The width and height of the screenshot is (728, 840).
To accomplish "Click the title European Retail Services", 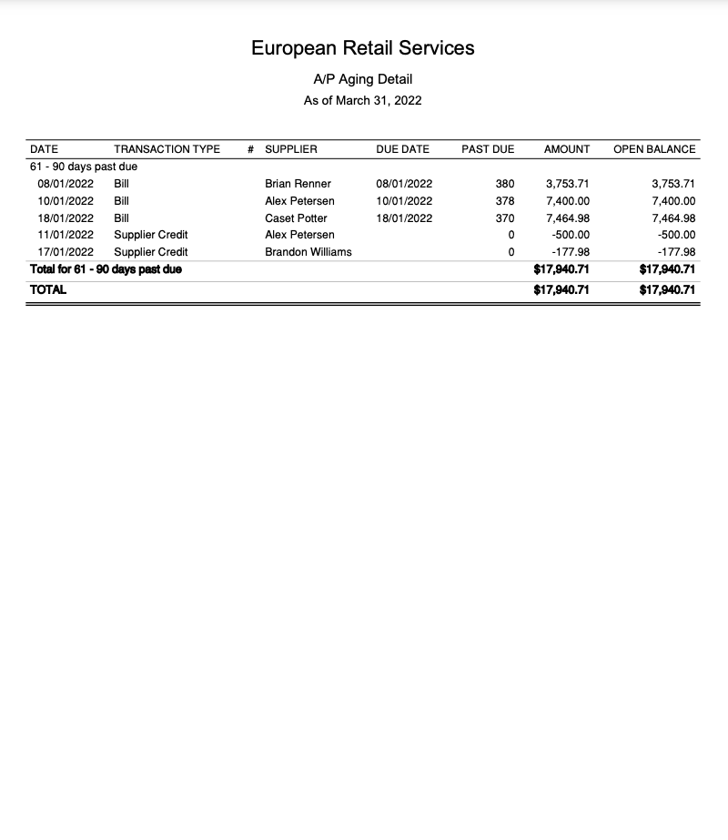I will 363,48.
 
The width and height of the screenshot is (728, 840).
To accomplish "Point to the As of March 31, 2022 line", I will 363,100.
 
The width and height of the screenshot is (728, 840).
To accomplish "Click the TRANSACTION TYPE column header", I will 167,149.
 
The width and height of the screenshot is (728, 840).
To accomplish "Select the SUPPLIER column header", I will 291,149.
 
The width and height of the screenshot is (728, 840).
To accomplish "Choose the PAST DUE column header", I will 488,149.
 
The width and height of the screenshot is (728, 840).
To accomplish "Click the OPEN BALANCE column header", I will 654,149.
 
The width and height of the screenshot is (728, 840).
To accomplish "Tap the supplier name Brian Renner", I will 298,184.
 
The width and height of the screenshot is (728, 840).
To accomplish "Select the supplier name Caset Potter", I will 296,218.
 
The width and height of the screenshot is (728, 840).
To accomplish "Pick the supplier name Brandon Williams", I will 308,252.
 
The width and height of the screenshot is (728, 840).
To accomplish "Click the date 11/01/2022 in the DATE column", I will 66,235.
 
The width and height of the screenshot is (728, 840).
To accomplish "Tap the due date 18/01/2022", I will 404,218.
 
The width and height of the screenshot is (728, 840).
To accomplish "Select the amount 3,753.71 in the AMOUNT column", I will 567,184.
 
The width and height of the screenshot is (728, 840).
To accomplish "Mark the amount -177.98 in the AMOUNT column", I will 571,252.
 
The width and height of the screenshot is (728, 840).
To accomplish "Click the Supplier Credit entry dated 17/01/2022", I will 151,252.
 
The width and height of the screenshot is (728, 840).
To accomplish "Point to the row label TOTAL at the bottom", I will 48,290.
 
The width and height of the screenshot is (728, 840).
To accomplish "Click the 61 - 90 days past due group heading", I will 84,167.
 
